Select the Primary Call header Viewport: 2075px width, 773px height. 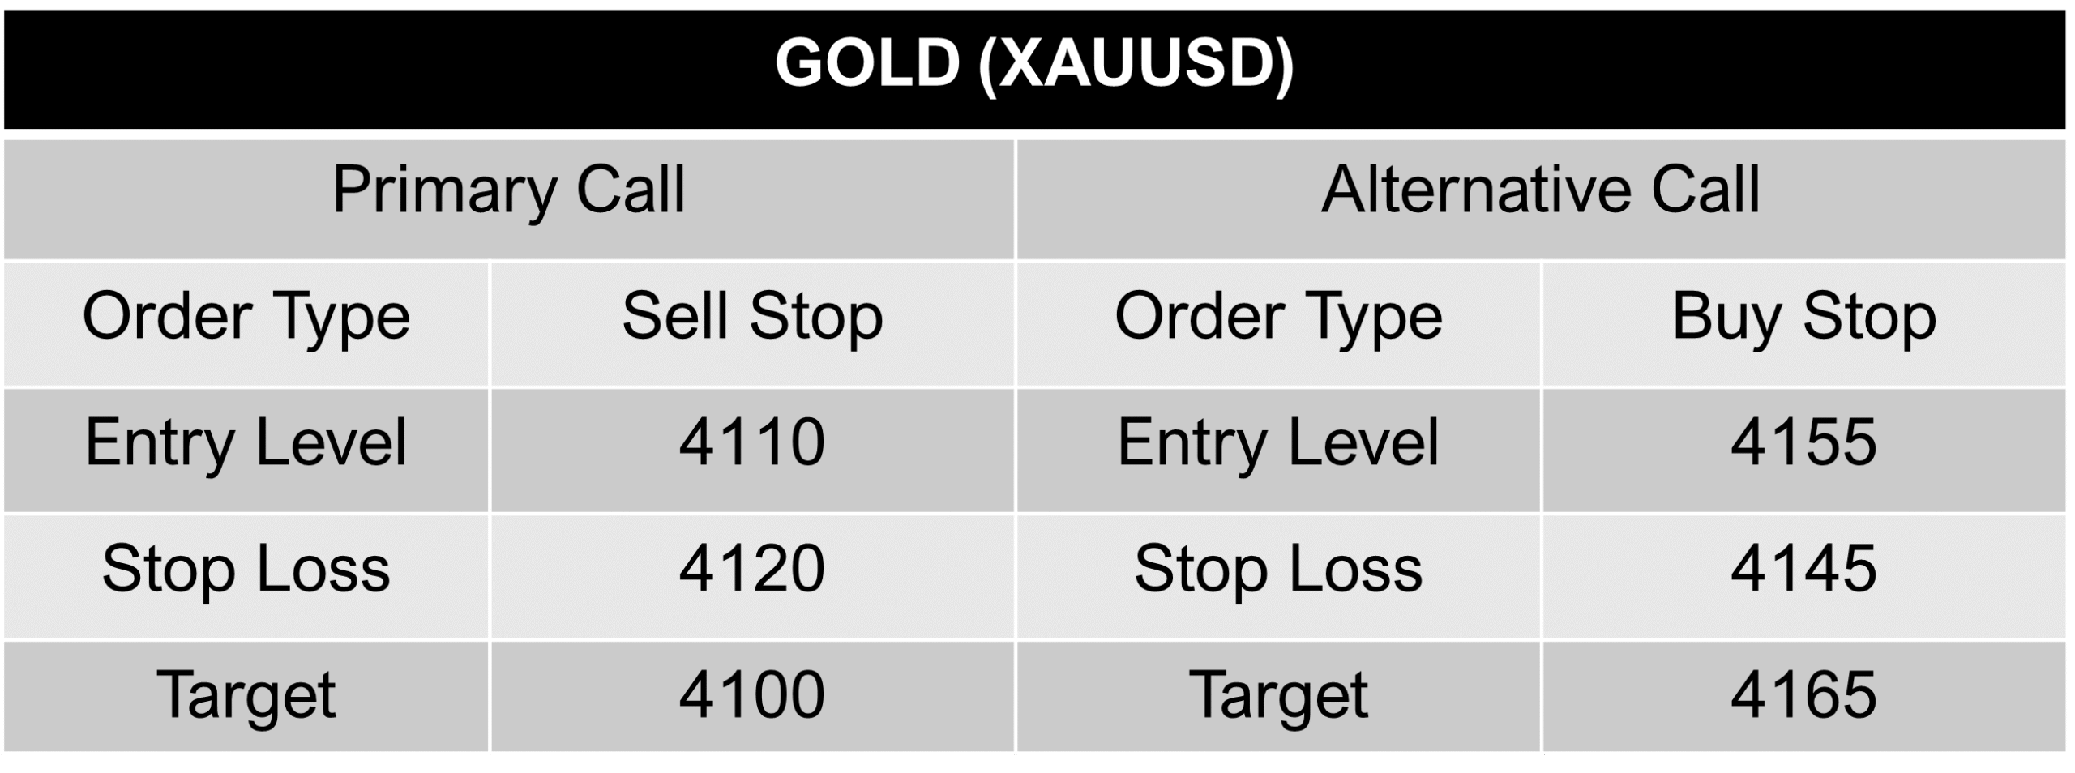click(x=509, y=191)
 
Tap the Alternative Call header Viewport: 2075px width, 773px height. click(x=1541, y=191)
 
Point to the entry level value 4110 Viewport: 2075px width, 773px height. click(x=752, y=443)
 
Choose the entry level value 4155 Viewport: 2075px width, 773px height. click(x=1804, y=443)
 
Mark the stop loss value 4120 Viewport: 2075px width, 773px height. click(x=752, y=569)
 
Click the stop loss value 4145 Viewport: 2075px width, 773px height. click(x=1804, y=569)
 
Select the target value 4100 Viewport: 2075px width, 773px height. click(x=752, y=695)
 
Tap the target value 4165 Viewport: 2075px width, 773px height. click(x=1804, y=695)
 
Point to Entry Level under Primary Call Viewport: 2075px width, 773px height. click(x=246, y=443)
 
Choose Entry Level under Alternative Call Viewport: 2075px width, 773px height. click(x=1278, y=443)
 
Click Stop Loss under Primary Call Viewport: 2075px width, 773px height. click(x=246, y=569)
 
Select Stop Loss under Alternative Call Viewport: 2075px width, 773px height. click(x=1278, y=569)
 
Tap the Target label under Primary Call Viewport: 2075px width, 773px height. click(x=246, y=695)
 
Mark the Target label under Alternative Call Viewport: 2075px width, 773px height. click(x=1278, y=695)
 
